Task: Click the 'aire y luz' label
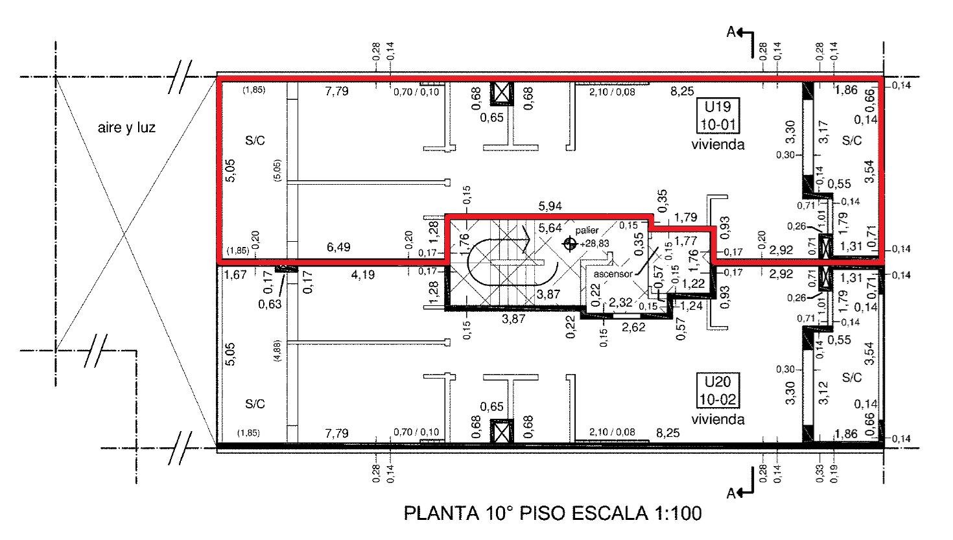click(x=126, y=128)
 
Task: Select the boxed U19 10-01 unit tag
click(x=718, y=115)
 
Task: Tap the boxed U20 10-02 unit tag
click(x=718, y=390)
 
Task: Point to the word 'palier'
click(x=587, y=230)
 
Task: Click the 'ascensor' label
click(x=613, y=274)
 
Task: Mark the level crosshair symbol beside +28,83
click(x=570, y=244)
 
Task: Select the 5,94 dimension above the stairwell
click(x=550, y=206)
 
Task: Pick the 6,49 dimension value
click(x=338, y=247)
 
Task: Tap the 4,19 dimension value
click(x=363, y=275)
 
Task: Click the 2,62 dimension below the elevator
click(x=633, y=327)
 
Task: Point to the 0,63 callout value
click(x=270, y=304)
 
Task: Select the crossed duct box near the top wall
click(x=502, y=93)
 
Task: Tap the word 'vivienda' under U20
click(x=718, y=419)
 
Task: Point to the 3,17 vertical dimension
click(x=823, y=132)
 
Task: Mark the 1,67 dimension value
click(x=235, y=275)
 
